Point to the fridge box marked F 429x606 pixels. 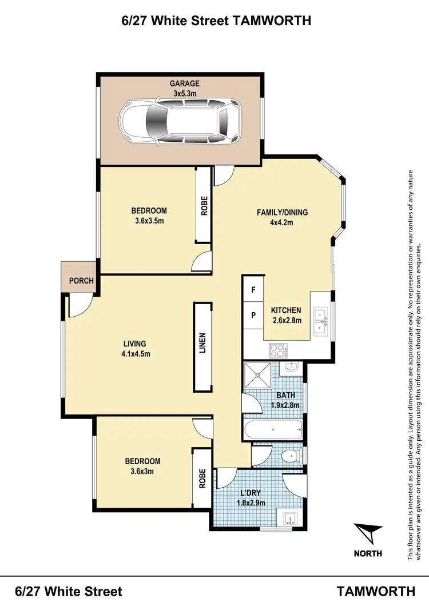(253, 290)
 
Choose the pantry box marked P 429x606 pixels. (253, 315)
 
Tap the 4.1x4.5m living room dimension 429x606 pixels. (135, 353)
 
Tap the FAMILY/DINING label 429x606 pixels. (281, 212)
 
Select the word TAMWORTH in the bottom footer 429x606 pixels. (376, 591)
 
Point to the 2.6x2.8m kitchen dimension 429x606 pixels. (285, 320)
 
